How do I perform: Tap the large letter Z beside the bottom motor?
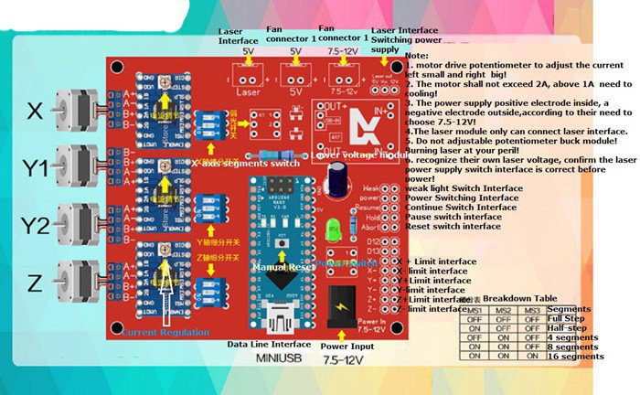click(35, 284)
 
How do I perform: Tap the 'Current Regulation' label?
click(165, 332)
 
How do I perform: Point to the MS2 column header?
click(503, 311)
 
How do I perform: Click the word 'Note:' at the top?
click(417, 57)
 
